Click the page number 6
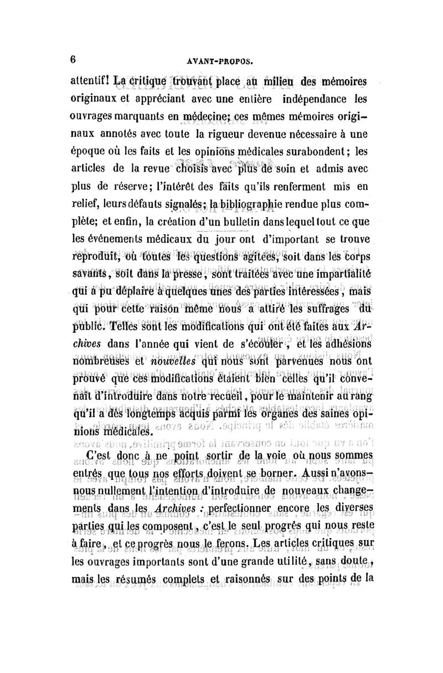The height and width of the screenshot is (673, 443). pos(73,59)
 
